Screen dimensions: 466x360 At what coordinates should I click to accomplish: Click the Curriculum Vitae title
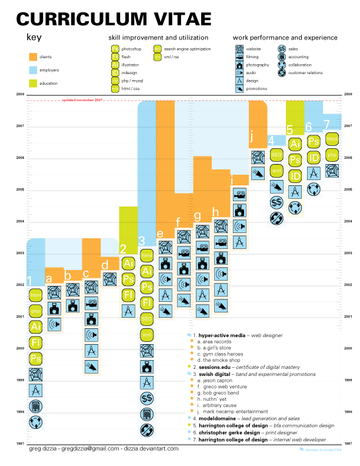click(113, 19)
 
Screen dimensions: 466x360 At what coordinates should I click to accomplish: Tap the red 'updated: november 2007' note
click(82, 100)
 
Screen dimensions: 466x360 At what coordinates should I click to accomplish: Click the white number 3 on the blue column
click(141, 240)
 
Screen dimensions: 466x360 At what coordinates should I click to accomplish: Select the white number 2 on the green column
click(123, 249)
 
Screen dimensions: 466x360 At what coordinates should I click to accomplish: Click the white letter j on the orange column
click(252, 137)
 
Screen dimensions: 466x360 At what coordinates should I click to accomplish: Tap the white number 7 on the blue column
click(326, 124)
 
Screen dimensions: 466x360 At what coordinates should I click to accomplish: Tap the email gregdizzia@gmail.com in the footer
click(92, 448)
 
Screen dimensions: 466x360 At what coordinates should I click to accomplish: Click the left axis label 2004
click(20, 222)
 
